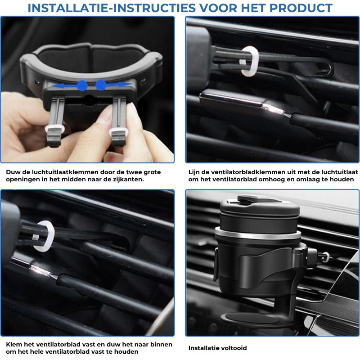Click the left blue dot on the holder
coord(82,85)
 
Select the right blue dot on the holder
coord(100,85)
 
